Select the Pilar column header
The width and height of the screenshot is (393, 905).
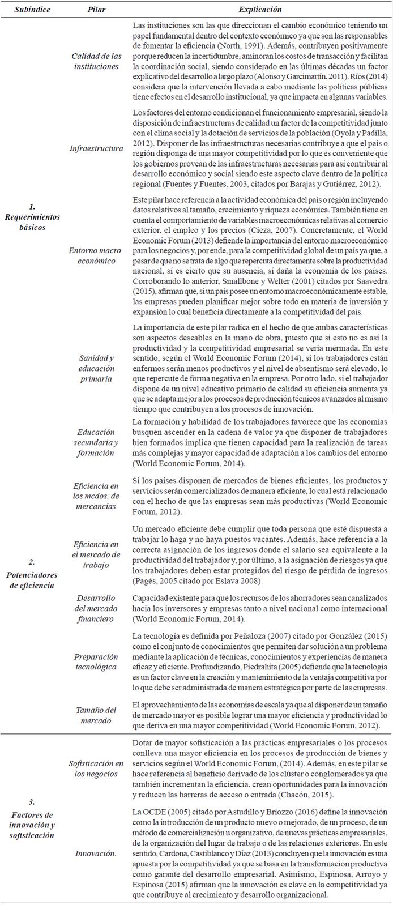point(96,10)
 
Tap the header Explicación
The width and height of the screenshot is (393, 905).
point(259,10)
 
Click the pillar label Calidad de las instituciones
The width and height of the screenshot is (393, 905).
point(96,61)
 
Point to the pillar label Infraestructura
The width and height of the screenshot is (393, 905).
point(96,148)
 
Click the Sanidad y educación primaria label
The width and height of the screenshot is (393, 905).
point(96,368)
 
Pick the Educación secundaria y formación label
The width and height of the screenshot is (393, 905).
point(96,442)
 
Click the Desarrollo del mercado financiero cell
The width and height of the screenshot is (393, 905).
point(96,609)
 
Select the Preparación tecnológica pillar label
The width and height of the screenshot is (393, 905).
point(96,662)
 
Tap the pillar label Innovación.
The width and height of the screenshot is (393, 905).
point(96,853)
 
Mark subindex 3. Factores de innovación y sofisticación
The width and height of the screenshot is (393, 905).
point(32,817)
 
